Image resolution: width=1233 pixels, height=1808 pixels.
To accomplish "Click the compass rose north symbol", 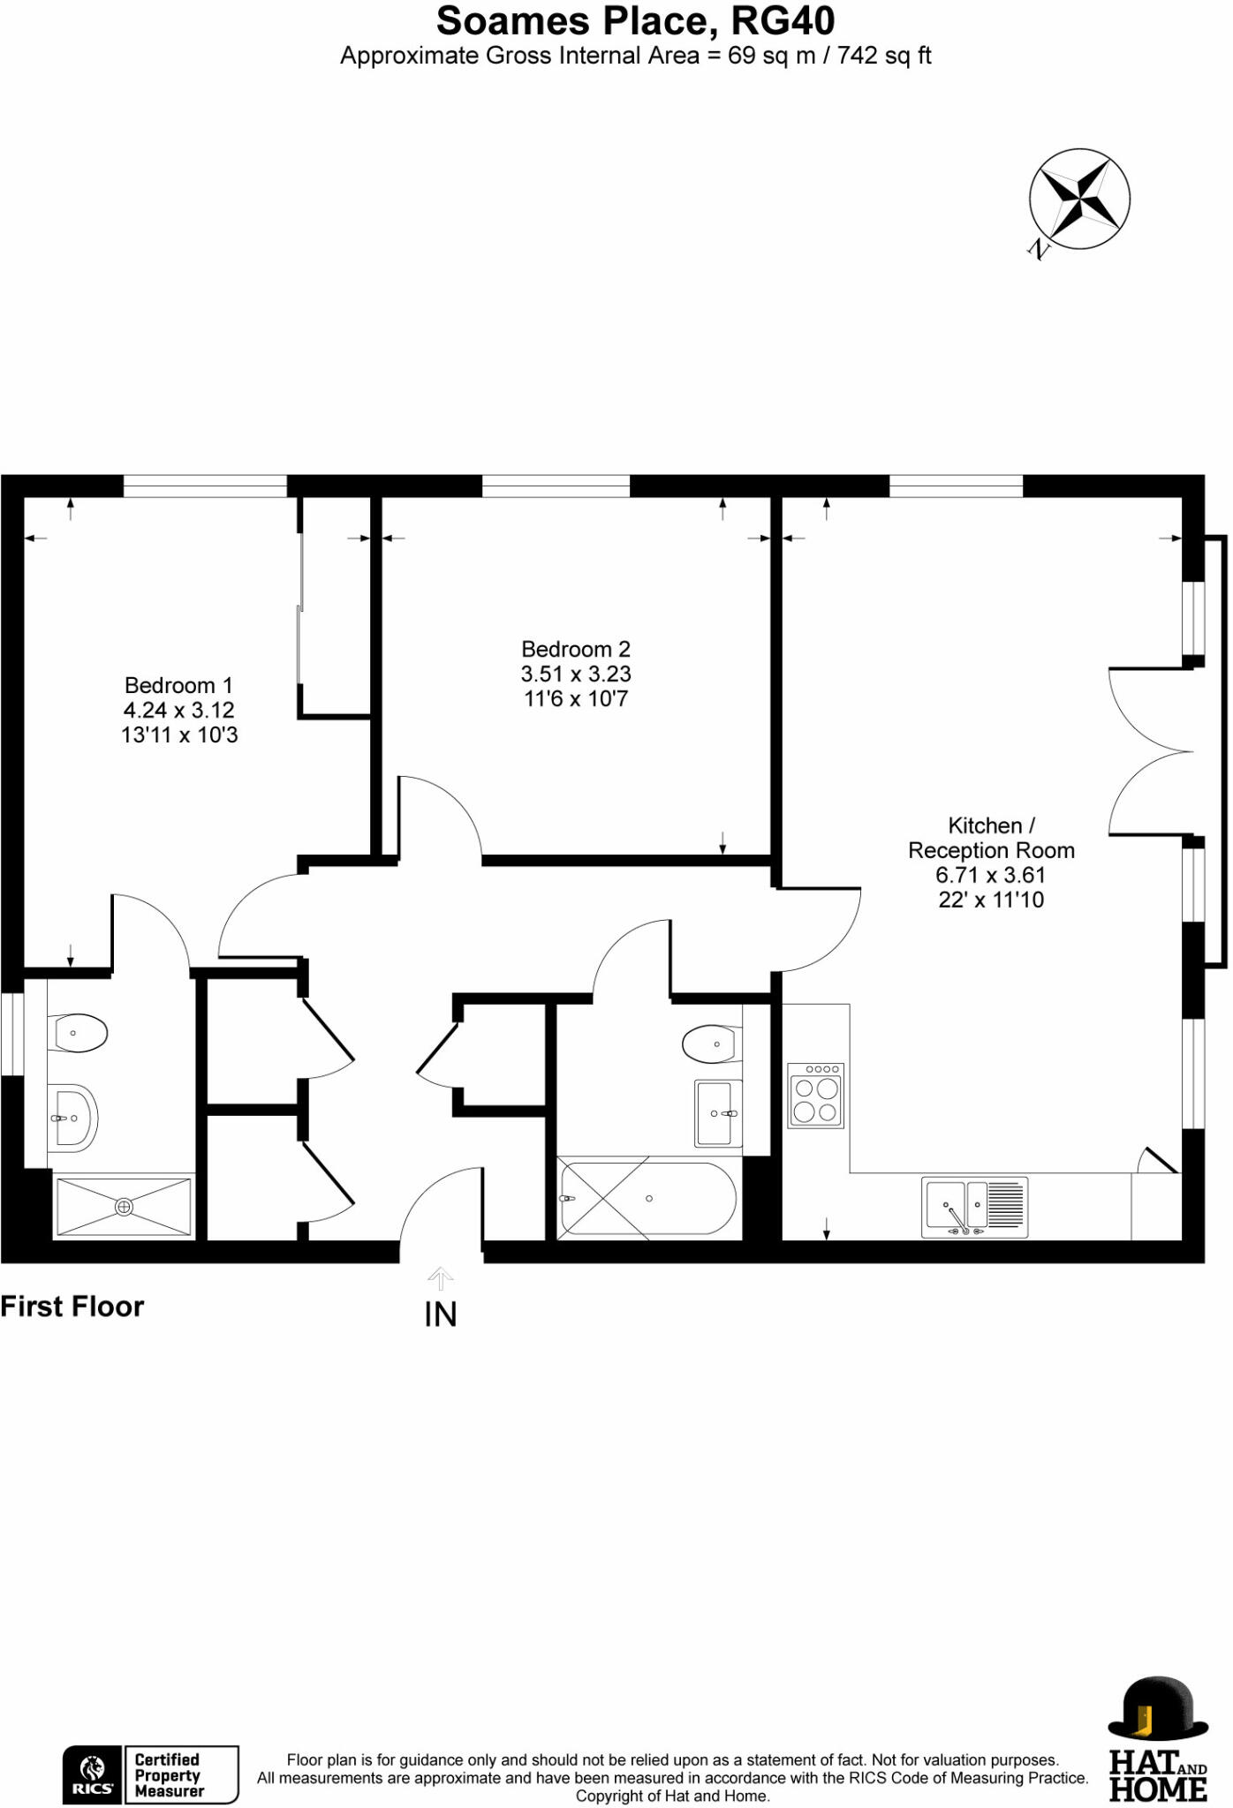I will [x=1078, y=200].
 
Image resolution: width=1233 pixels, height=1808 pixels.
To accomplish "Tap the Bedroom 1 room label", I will [x=179, y=710].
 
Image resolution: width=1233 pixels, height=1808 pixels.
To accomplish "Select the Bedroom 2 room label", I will [x=576, y=674].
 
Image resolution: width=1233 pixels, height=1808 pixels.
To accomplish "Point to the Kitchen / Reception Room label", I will [x=991, y=862].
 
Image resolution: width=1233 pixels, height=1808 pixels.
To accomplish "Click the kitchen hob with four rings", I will [x=815, y=1096].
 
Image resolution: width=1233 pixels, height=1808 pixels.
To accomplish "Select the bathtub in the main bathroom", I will [x=647, y=1199].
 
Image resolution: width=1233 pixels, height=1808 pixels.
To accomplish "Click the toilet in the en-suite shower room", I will [x=79, y=1032].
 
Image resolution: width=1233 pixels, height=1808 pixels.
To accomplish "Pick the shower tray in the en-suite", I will [x=124, y=1206].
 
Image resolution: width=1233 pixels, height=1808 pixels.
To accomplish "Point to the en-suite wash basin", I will [x=72, y=1118].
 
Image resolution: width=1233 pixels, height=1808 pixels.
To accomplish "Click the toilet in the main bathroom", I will [x=712, y=1044].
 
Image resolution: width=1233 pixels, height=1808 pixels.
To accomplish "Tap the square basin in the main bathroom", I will [x=718, y=1113].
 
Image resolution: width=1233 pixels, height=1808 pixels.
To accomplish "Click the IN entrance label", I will [x=441, y=1315].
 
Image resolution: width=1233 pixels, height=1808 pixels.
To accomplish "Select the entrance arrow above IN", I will [x=441, y=1277].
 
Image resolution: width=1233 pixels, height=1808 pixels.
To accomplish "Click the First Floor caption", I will [x=72, y=1307].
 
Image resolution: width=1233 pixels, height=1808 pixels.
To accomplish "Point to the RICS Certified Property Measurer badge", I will [x=150, y=1774].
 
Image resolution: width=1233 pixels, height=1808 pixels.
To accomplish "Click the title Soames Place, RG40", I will [x=635, y=21].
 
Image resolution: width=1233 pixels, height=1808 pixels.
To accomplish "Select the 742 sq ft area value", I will [x=884, y=56].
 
